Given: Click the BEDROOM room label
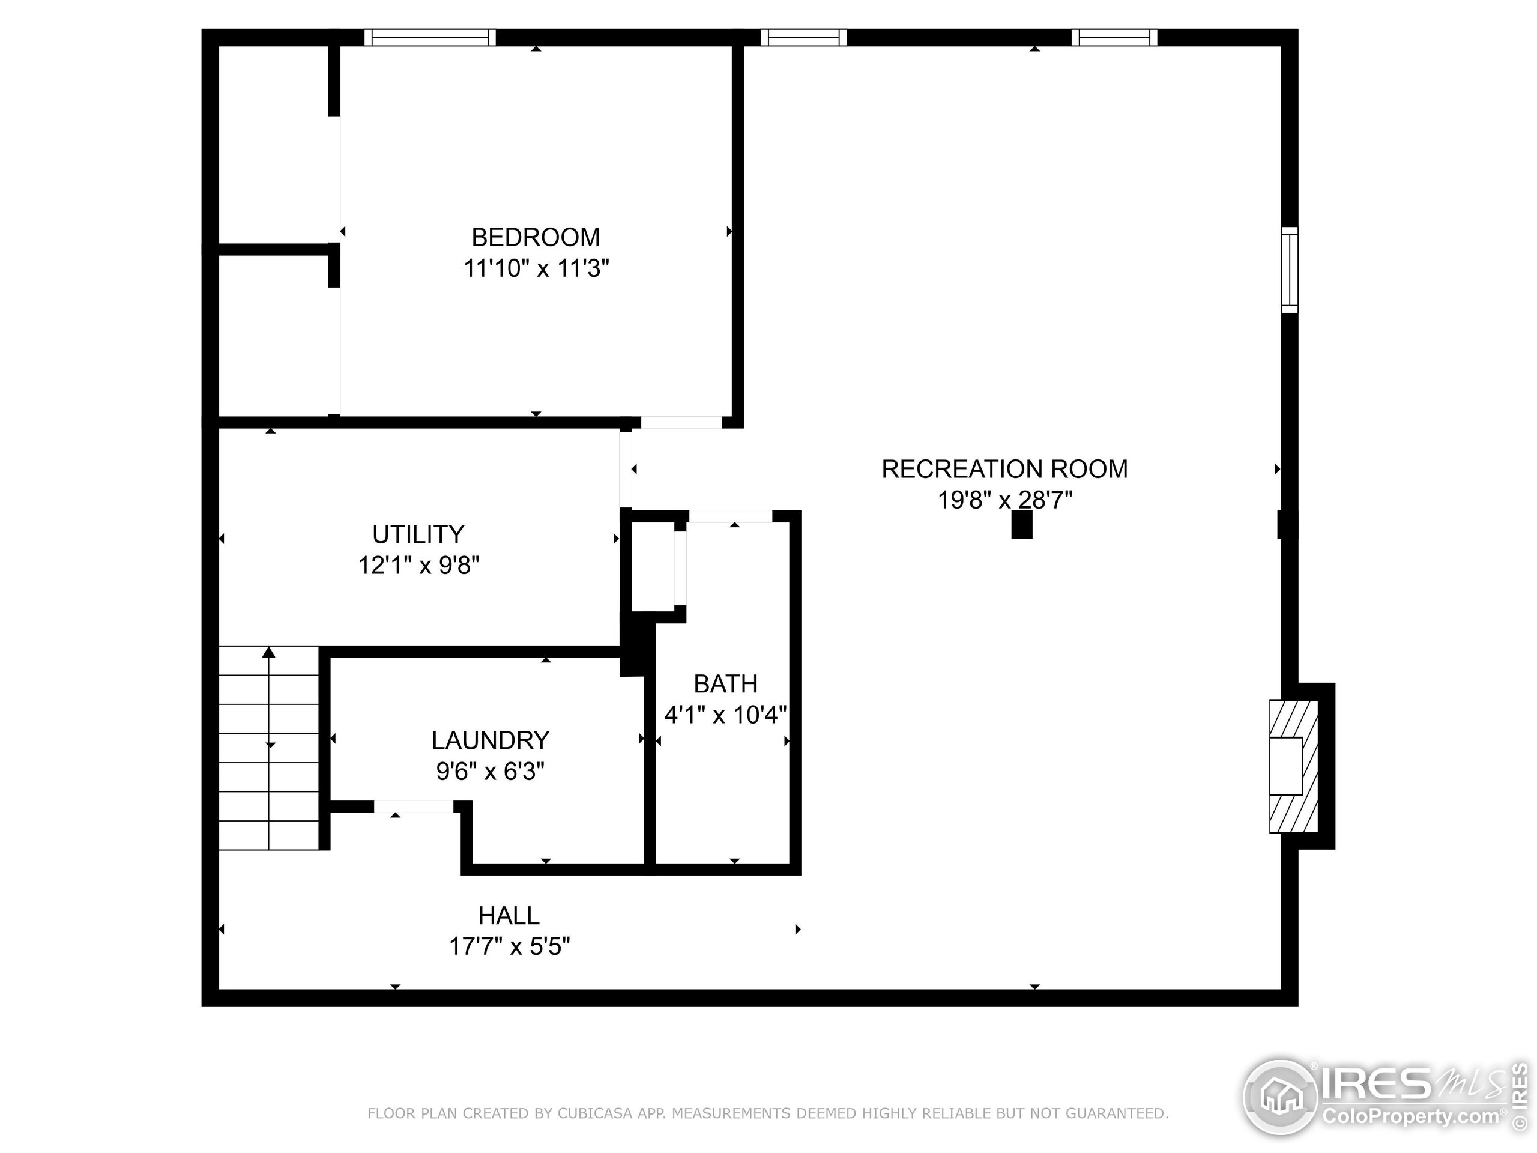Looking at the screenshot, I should pyautogui.click(x=535, y=238).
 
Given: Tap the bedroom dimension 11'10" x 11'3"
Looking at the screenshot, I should pyautogui.click(x=536, y=268).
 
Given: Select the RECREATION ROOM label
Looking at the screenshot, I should pyautogui.click(x=1004, y=469).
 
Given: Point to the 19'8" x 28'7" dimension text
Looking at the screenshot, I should pyautogui.click(x=1004, y=500).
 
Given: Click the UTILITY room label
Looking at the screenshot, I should pyautogui.click(x=418, y=534).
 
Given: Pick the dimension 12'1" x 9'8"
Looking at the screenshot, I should pyautogui.click(x=418, y=565).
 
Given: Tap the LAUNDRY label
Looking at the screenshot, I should pyautogui.click(x=490, y=740).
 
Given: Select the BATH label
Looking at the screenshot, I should pyautogui.click(x=725, y=684).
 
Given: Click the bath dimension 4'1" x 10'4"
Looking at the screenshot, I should pyautogui.click(x=725, y=715).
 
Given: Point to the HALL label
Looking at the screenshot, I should pyautogui.click(x=509, y=916).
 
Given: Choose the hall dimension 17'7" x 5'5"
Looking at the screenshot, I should pyautogui.click(x=509, y=946).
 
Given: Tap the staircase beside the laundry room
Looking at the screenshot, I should pyautogui.click(x=269, y=748).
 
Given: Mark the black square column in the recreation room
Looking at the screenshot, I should pyautogui.click(x=1021, y=525).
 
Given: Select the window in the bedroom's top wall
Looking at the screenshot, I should pyautogui.click(x=430, y=37).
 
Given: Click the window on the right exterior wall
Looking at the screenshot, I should pyautogui.click(x=1289, y=270).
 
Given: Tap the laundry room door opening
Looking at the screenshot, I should pyautogui.click(x=414, y=807).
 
